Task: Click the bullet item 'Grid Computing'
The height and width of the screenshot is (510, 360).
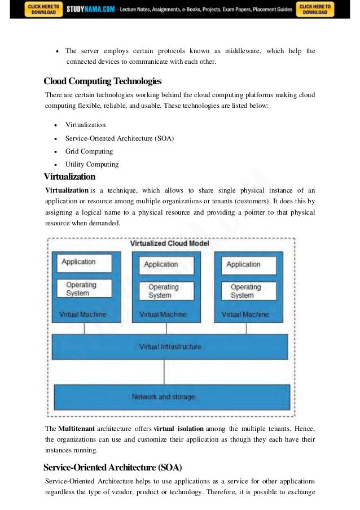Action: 89,151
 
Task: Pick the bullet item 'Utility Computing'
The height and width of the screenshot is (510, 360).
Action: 92,164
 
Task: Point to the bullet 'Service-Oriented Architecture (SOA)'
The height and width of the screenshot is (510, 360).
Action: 119,138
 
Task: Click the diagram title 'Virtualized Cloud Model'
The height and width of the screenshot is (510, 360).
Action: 169,243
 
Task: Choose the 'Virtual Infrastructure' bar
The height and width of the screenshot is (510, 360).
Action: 170,346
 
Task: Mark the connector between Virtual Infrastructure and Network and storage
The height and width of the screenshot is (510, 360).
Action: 164,372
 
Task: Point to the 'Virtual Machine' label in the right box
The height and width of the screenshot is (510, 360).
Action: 245,314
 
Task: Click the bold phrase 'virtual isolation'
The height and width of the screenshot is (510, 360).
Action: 178,429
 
